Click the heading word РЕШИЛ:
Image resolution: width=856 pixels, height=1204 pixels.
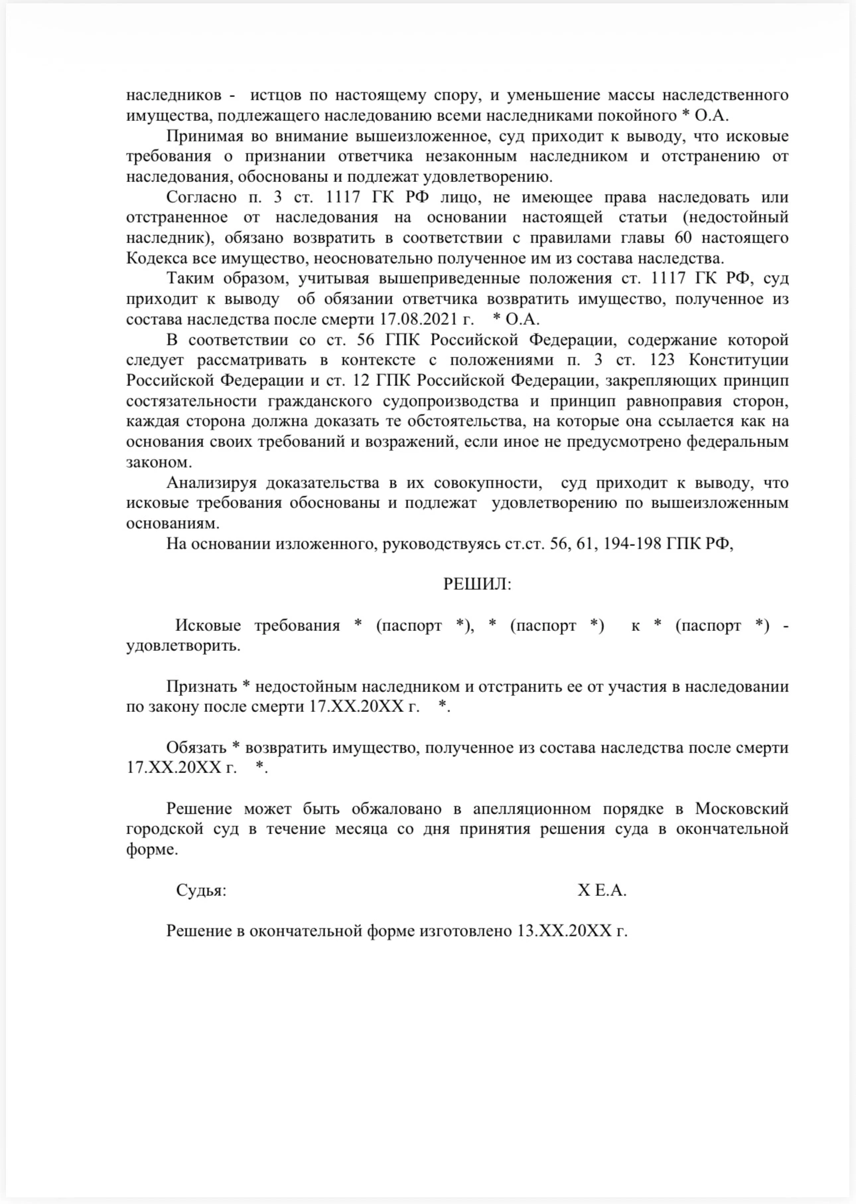(477, 584)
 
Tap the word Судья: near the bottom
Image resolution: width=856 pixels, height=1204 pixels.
(201, 891)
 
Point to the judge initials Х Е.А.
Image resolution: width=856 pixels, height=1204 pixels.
(602, 891)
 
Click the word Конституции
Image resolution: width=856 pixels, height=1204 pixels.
(739, 360)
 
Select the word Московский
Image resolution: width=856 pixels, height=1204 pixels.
(742, 809)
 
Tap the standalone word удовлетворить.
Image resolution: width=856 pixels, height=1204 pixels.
(183, 645)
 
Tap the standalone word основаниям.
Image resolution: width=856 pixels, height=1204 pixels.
(172, 523)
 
